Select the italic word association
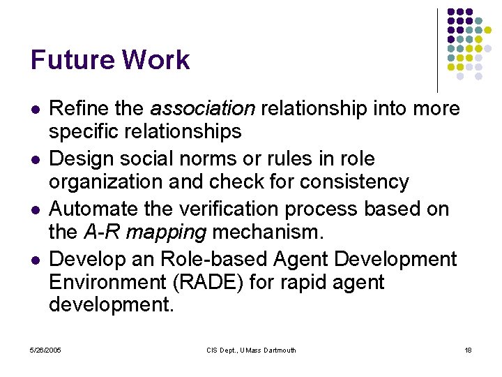click(x=203, y=109)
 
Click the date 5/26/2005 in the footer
click(x=45, y=350)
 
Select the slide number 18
click(x=468, y=350)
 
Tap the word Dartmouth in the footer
click(x=279, y=350)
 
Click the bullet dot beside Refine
click(x=36, y=110)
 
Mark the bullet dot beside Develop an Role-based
click(x=36, y=260)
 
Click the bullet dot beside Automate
click(x=36, y=210)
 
